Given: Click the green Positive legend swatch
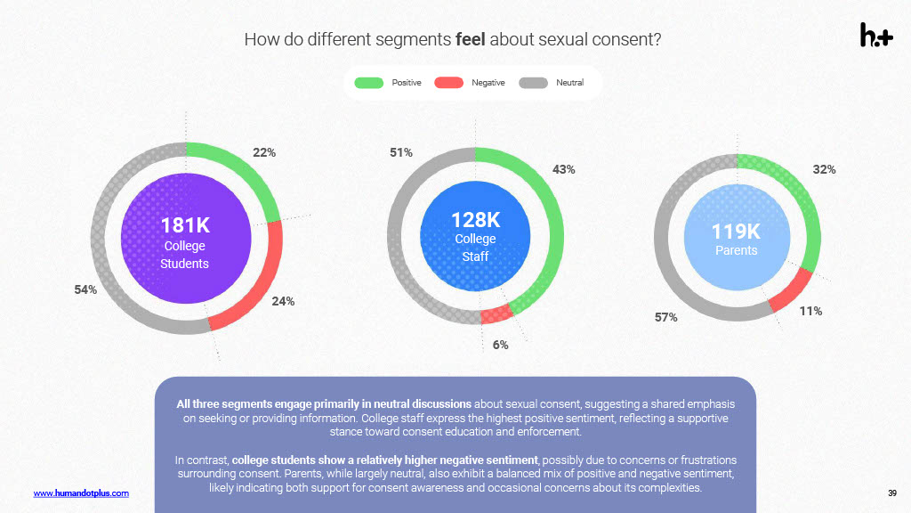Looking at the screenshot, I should tap(369, 83).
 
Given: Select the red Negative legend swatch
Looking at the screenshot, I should tap(449, 83).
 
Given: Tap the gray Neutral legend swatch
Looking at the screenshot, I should tap(533, 83).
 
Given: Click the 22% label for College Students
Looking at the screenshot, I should tap(264, 153).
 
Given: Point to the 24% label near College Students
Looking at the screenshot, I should tap(283, 301).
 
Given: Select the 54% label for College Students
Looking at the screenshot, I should tap(85, 289).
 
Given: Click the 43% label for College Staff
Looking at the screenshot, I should tap(564, 169).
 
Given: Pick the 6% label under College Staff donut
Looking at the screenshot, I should tap(501, 345).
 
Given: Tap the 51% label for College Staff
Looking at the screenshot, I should tap(401, 153).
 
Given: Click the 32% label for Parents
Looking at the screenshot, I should tap(824, 169).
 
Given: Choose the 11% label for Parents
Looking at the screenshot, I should tap(810, 311).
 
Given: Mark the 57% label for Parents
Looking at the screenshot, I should tap(666, 317).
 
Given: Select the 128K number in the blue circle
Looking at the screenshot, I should tap(476, 220).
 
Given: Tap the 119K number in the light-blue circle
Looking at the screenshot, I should tap(736, 232).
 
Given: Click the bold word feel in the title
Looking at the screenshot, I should tap(471, 40).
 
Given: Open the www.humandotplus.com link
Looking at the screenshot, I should tap(81, 493).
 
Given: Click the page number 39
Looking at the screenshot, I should tap(891, 493).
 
